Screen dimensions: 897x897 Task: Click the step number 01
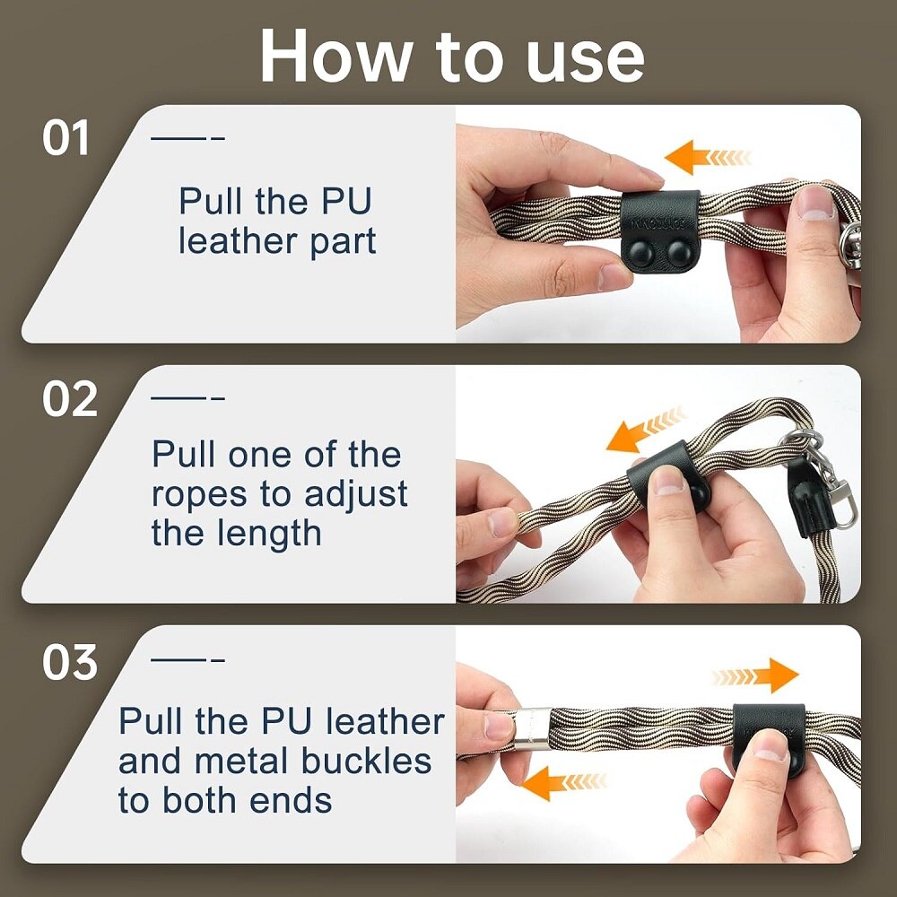point(65,138)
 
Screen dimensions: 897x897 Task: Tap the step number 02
point(70,399)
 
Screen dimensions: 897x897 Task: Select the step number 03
point(70,663)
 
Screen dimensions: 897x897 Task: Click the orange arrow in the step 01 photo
point(709,157)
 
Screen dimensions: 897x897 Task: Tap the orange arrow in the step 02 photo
point(645,430)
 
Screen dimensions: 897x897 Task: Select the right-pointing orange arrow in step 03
point(755,675)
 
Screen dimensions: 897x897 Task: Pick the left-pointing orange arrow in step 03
point(564,783)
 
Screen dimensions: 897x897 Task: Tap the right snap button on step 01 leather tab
point(679,253)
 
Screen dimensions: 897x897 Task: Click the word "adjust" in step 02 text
point(356,495)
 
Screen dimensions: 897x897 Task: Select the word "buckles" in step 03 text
point(366,761)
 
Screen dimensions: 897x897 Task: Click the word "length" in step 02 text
point(269,535)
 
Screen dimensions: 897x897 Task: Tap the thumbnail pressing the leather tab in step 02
point(668,481)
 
